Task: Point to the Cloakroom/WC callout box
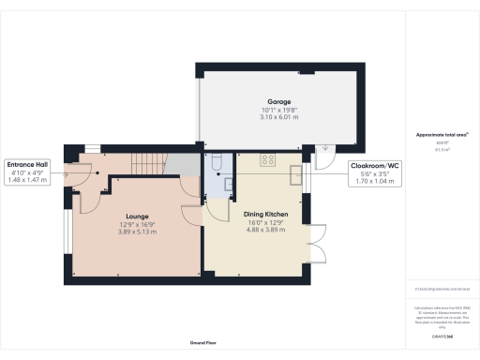click(367, 172)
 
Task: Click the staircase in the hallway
click(147, 165)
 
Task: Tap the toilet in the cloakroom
click(215, 164)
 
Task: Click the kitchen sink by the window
click(296, 174)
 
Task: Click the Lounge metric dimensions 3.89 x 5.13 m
click(138, 232)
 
